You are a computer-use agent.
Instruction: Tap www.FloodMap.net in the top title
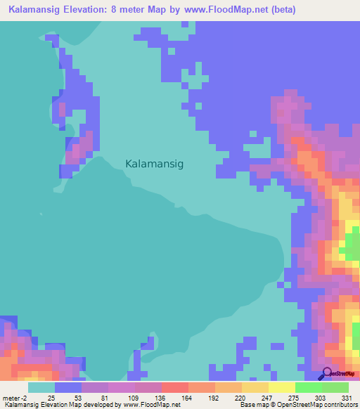click(x=225, y=10)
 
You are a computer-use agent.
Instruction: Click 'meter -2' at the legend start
click(x=15, y=398)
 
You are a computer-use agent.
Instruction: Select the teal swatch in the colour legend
click(x=41, y=387)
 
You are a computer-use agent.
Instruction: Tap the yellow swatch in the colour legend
click(x=281, y=387)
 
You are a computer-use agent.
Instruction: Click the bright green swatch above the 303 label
click(x=308, y=387)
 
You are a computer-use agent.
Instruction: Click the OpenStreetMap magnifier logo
click(x=326, y=373)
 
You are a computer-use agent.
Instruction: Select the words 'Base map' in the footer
click(x=251, y=405)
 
